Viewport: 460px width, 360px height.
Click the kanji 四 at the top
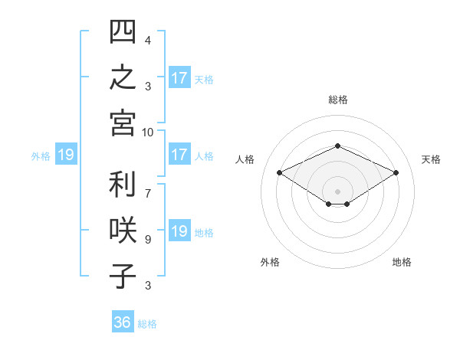coord(123,31)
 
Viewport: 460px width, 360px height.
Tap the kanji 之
coord(123,77)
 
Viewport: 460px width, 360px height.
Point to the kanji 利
coord(123,184)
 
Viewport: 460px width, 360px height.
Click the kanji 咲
coord(123,230)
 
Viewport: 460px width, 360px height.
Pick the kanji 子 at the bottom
coord(123,276)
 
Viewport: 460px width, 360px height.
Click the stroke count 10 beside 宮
coord(147,133)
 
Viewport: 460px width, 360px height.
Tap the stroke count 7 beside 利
coord(148,194)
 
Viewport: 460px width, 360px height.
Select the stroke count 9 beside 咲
coord(148,240)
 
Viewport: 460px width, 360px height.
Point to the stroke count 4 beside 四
coord(148,41)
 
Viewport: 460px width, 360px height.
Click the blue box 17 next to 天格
coord(179,77)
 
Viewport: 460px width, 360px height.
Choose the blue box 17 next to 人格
coord(179,154)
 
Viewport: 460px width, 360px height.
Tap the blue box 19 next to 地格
coord(179,230)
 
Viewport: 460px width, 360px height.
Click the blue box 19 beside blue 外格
coord(66,154)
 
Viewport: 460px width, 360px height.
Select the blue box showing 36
coord(123,321)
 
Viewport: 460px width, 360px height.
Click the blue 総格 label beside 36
coord(147,324)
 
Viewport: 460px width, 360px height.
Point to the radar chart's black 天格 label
coord(431,159)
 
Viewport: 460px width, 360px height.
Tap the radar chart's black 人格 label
coord(245,159)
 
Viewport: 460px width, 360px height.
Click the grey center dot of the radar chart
coord(337,191)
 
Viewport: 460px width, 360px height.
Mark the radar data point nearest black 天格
coord(396,172)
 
